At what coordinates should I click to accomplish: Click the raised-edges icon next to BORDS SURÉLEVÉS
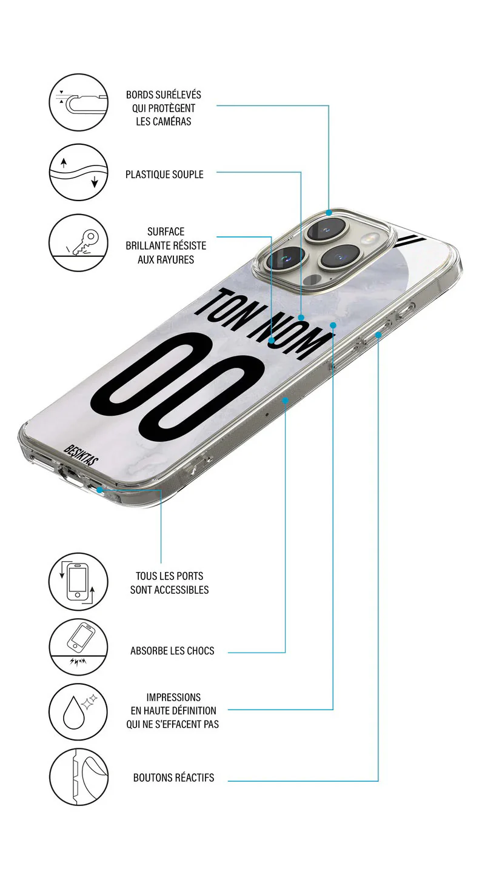coord(78,102)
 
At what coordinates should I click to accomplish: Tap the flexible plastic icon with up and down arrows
coord(78,172)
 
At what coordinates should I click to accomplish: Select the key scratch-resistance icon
coord(78,243)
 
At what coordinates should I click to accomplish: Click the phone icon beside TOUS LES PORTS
coord(78,582)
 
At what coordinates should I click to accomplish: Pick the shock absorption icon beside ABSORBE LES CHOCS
coord(78,647)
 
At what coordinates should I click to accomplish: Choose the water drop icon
coord(78,712)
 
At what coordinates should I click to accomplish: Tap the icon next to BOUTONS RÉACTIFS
coord(78,777)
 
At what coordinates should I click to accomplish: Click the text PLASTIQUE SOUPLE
coord(164,175)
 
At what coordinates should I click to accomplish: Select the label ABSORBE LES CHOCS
coord(172,651)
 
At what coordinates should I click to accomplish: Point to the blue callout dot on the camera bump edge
coord(329,213)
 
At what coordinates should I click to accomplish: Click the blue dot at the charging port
coord(99,490)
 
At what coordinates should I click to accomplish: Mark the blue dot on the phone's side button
coord(378,334)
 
